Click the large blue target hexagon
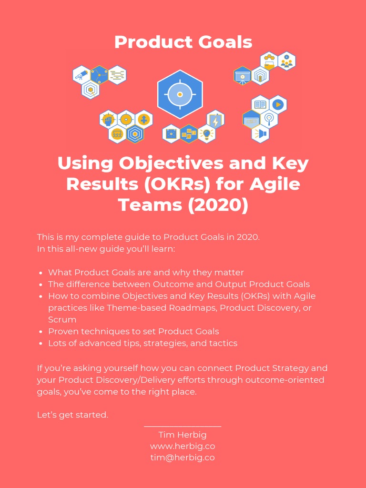click(180, 94)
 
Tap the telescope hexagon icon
click(81, 74)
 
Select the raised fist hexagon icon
click(108, 119)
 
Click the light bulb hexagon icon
click(206, 134)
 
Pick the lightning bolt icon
click(215, 121)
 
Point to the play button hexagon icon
click(278, 104)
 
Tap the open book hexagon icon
click(260, 104)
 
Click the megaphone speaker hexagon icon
click(260, 133)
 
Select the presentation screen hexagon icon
click(243, 75)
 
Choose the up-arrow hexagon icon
click(143, 119)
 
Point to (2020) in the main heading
click(219, 205)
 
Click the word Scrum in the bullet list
click(62, 319)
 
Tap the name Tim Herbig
click(183, 435)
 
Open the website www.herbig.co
click(183, 446)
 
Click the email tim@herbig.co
click(183, 457)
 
